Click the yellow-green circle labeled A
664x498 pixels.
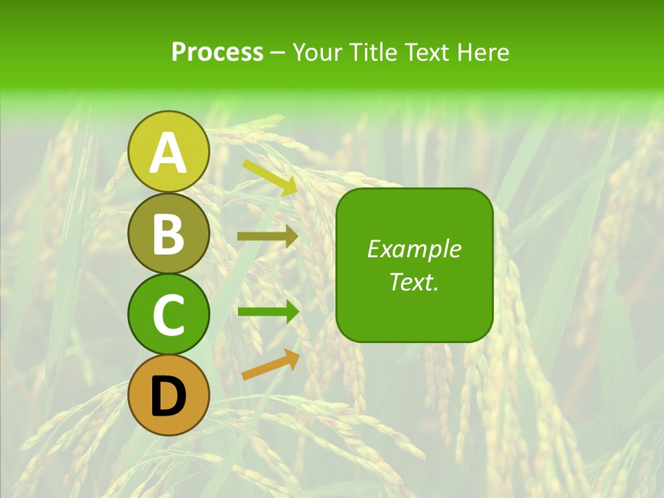(x=168, y=151)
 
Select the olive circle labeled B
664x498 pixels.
(x=168, y=233)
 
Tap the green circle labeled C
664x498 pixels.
(x=168, y=314)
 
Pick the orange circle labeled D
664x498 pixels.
(x=168, y=395)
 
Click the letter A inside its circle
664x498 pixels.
(x=168, y=153)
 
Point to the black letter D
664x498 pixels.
(x=168, y=396)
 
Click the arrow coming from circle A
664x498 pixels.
(x=270, y=177)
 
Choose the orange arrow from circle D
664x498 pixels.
(x=270, y=365)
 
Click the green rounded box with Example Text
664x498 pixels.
(x=414, y=265)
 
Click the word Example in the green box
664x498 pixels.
(x=414, y=249)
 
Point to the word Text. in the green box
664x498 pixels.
(x=414, y=282)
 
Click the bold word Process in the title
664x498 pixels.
(x=217, y=53)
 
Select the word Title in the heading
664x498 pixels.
(x=373, y=53)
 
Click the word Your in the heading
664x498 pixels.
(x=318, y=53)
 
